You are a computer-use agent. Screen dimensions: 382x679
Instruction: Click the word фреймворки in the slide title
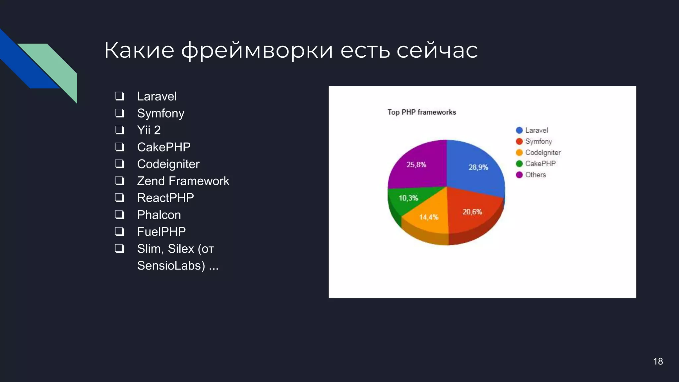coord(257,50)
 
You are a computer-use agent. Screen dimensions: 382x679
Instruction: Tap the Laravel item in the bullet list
coord(157,96)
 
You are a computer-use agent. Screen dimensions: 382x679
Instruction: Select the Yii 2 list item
coord(149,130)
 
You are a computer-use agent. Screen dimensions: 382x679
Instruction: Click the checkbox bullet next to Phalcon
coord(119,215)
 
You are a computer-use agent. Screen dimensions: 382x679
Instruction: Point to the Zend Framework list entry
coord(183,181)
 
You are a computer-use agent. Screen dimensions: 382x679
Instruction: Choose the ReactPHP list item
coord(165,198)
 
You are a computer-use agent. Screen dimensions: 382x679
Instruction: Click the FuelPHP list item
coord(161,232)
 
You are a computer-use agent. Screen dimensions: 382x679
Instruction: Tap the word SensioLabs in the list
coord(171,266)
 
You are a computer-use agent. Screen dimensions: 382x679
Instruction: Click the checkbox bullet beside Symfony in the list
coord(119,113)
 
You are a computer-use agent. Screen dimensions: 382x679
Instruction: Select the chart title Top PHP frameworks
coord(422,112)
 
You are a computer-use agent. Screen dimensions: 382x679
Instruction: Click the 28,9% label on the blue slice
coord(478,167)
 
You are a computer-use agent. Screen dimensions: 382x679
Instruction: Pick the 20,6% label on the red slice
coord(472,212)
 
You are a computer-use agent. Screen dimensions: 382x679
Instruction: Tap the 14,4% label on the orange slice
coord(429,217)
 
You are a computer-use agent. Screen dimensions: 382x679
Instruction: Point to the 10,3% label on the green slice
coord(408,198)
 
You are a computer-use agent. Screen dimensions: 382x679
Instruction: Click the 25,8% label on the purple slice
coord(416,165)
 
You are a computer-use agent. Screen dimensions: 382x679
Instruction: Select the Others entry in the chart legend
coord(535,175)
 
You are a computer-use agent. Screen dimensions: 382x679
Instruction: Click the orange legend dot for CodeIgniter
coord(519,153)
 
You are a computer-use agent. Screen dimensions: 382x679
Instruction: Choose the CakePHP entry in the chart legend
coord(540,163)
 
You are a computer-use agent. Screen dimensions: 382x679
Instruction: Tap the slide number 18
coord(658,361)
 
